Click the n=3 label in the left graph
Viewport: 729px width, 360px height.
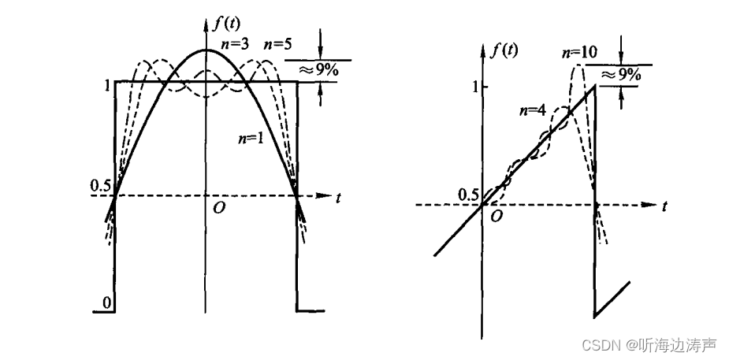coord(234,44)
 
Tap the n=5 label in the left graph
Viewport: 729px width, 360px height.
coord(278,44)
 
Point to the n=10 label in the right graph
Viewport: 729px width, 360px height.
coord(579,54)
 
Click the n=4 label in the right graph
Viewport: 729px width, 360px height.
coord(531,109)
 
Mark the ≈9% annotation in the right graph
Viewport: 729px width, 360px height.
coord(621,75)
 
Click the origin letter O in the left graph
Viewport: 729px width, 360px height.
coord(214,208)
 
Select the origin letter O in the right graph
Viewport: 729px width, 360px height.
coord(496,217)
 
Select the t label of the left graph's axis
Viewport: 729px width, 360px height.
coord(338,199)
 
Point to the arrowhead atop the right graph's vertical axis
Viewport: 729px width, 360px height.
coord(482,54)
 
